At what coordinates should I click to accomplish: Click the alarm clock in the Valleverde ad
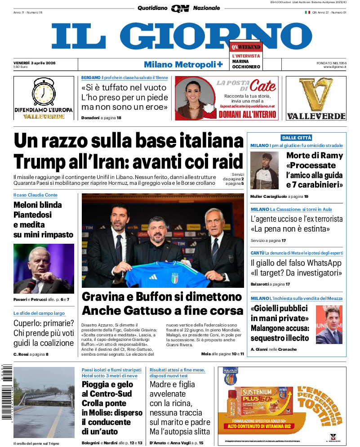(44, 92)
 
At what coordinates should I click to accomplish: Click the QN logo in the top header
(180, 8)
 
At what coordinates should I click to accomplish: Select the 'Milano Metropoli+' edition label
(183, 64)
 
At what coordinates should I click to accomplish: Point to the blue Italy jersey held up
(171, 274)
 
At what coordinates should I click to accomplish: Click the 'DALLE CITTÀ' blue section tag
(296, 138)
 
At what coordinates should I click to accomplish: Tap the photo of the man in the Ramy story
(264, 170)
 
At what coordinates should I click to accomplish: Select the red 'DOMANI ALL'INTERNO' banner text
(248, 115)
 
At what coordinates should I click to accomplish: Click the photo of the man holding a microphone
(44, 268)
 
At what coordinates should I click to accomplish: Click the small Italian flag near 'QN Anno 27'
(307, 12)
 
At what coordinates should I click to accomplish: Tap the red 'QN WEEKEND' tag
(245, 47)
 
